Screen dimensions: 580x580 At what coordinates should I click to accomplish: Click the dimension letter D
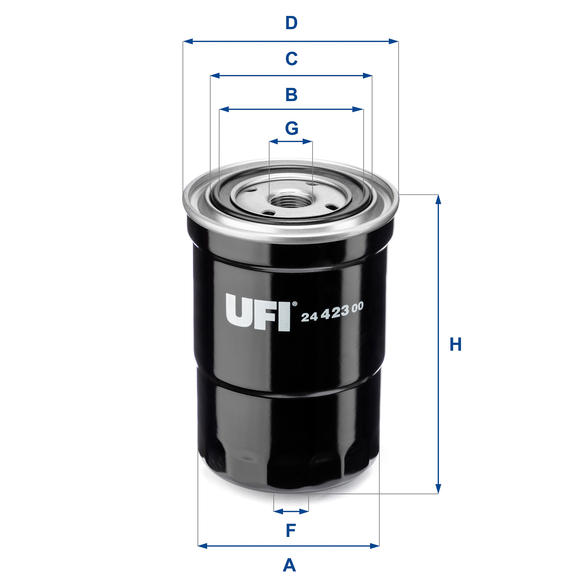(291, 23)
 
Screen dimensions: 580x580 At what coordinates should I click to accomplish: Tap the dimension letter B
(291, 95)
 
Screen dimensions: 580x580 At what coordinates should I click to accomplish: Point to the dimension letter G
(292, 128)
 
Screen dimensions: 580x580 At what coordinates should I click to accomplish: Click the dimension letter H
(456, 344)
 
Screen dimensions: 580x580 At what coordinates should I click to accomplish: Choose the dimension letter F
(291, 531)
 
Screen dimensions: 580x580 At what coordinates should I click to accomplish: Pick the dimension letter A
(289, 565)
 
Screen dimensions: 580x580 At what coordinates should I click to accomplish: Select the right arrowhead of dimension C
(367, 76)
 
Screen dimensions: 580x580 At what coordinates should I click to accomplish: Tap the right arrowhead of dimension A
(375, 546)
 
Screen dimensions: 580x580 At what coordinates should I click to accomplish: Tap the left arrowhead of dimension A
(202, 546)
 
